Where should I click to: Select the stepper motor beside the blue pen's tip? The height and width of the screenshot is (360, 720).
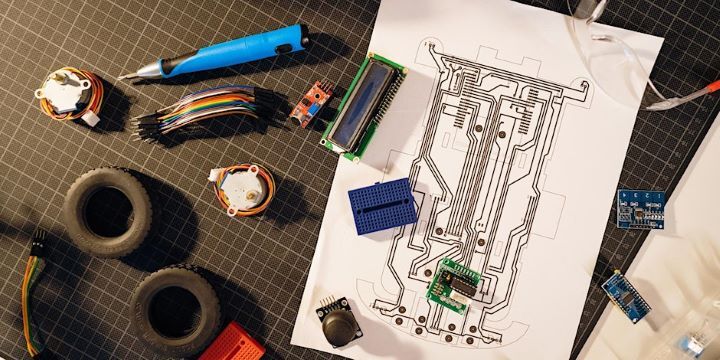66,93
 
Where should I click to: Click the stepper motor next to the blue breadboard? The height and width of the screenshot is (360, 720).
242,189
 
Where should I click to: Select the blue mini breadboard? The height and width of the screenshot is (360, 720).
384,206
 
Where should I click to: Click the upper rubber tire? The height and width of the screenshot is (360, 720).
108,211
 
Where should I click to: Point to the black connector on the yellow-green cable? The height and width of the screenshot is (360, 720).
36,242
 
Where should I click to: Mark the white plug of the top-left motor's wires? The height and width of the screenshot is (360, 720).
91,118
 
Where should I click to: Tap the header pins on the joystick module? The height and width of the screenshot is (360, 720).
328,301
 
